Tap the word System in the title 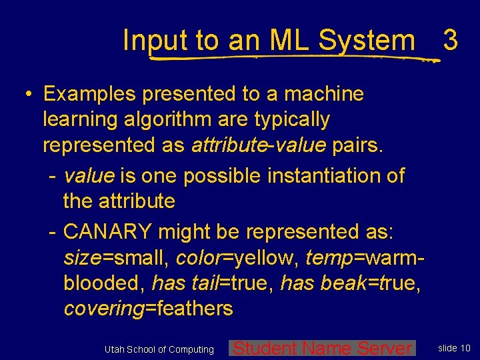pos(366,41)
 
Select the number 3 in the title pos(450,41)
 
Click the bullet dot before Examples pos(31,95)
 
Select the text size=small pos(115,257)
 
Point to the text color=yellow pos(237,257)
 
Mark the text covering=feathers pos(148,308)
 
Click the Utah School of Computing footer pos(159,349)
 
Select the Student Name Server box pos(322,348)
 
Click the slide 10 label pos(454,348)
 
